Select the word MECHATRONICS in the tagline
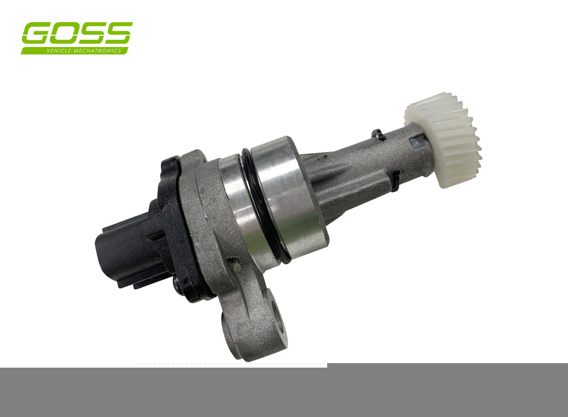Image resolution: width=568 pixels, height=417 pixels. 97,50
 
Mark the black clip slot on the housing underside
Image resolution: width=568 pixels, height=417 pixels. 393,180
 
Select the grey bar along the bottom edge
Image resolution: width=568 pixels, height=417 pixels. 284,391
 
